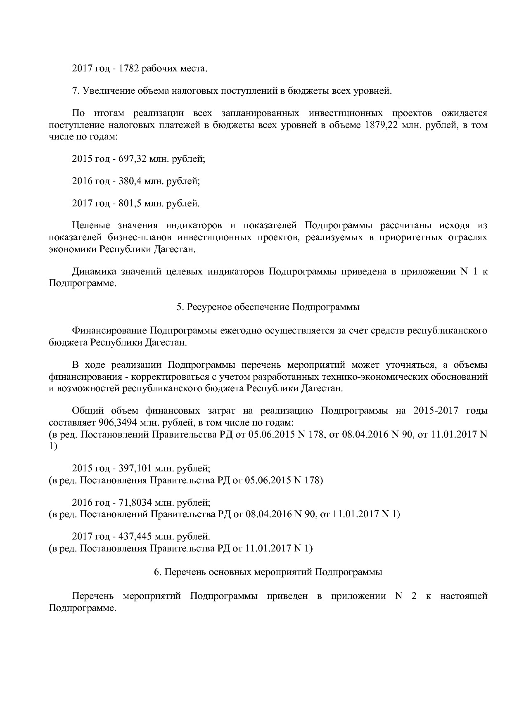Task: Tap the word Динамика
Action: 94,272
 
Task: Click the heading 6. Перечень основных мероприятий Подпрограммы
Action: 268,572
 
